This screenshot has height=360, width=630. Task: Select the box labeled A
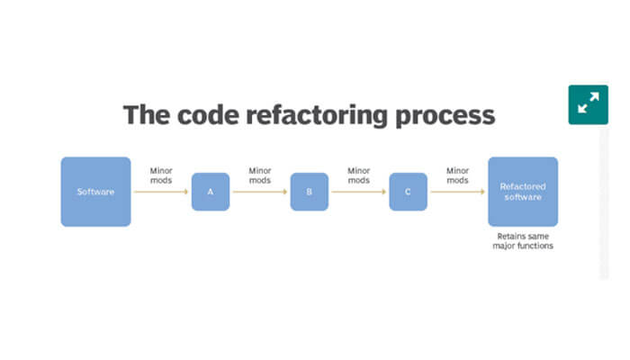click(211, 192)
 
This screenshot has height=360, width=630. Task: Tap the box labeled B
click(309, 192)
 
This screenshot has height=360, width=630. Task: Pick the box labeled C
click(408, 192)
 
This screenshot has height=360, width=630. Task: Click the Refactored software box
click(522, 191)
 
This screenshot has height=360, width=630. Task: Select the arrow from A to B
click(260, 192)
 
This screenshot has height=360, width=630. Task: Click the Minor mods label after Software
click(161, 175)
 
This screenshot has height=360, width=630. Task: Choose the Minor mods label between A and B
click(260, 175)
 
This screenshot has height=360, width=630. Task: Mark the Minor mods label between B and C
click(359, 175)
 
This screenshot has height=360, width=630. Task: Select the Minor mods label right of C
click(457, 175)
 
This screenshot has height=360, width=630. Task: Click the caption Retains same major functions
click(523, 240)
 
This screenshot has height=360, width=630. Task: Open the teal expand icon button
click(589, 104)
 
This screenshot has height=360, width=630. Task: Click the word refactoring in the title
click(319, 116)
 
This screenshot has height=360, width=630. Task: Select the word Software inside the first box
click(95, 192)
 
